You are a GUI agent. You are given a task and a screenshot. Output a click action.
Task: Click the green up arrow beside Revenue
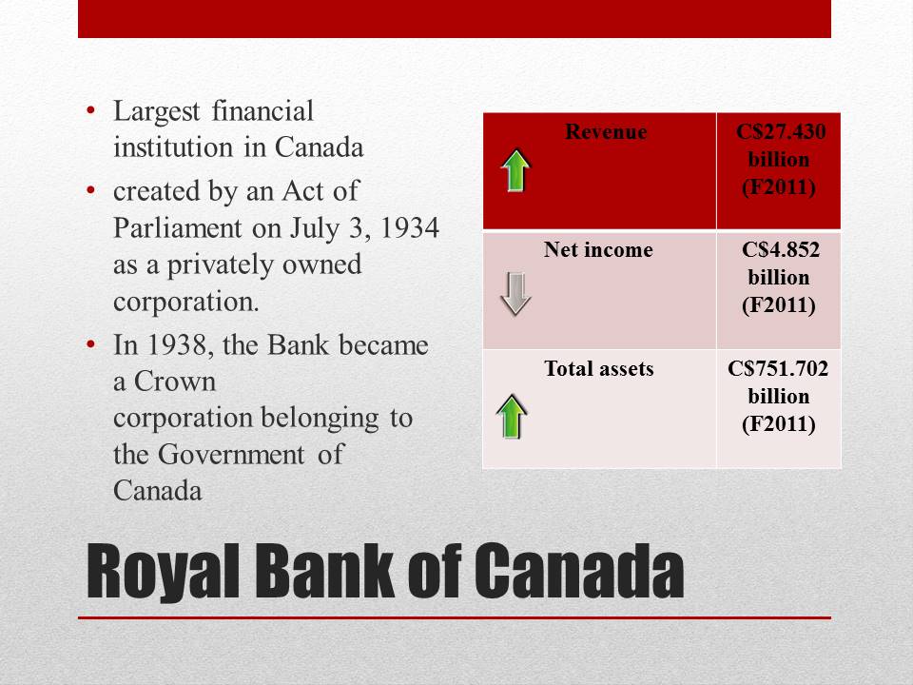(515, 170)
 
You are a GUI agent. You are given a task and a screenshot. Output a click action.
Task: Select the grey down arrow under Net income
(515, 293)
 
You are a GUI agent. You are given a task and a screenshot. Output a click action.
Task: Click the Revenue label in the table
(606, 132)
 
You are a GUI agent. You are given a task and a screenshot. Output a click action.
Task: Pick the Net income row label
(598, 250)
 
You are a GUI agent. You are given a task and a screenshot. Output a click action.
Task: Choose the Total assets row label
(598, 368)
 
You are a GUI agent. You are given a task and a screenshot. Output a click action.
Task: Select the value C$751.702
(778, 368)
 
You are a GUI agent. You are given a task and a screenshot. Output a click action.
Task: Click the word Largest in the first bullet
(157, 111)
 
